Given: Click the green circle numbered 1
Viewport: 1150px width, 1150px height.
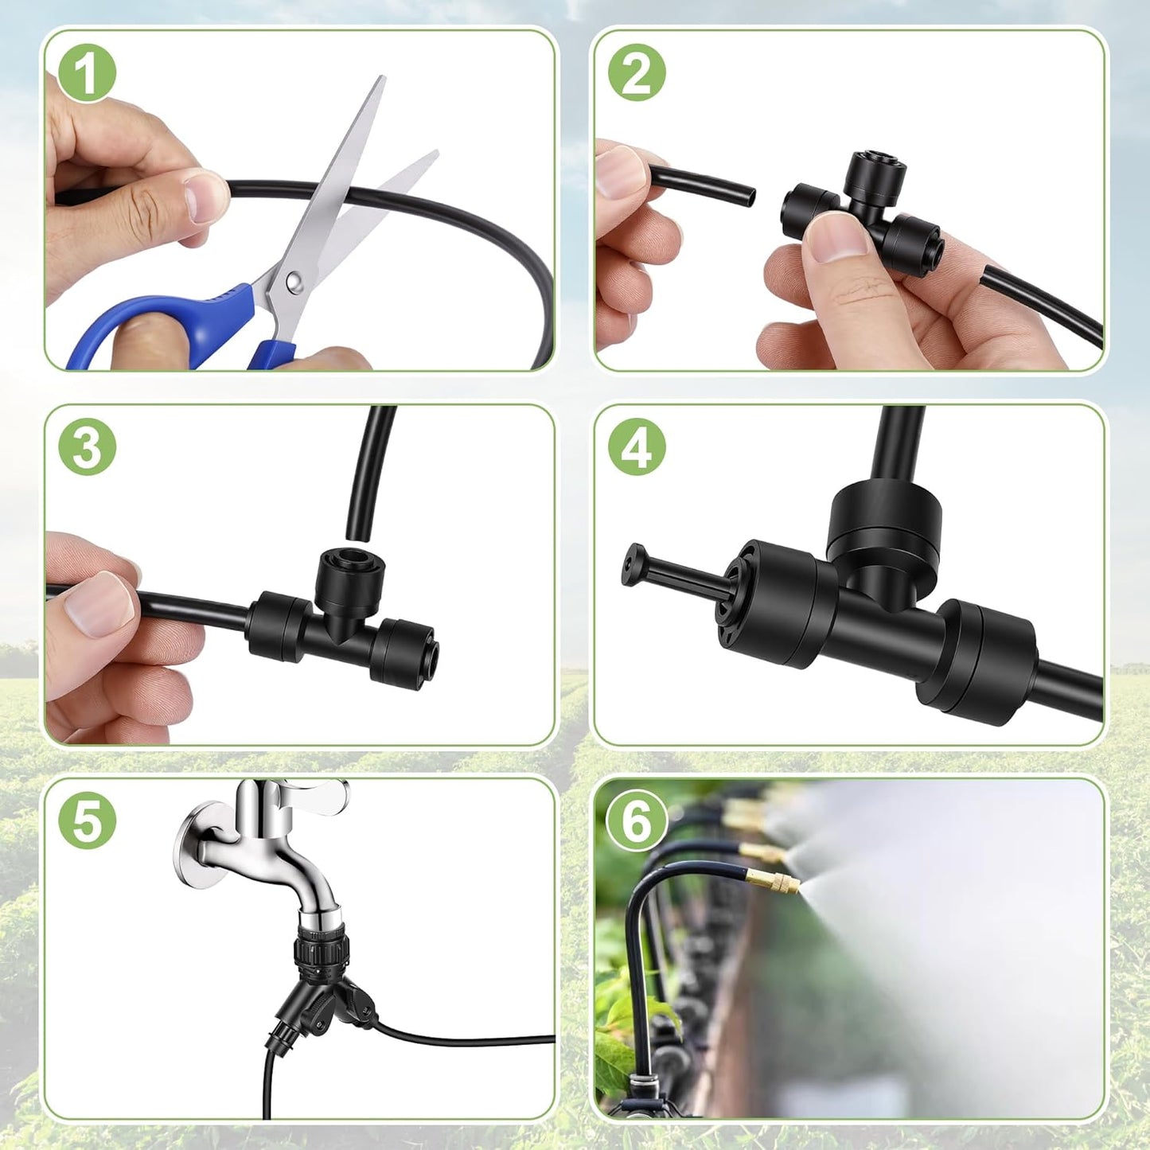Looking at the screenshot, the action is click(x=87, y=75).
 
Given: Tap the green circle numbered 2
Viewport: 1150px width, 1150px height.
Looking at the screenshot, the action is click(x=637, y=75).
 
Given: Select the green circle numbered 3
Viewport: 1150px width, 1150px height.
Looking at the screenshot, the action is click(x=87, y=447).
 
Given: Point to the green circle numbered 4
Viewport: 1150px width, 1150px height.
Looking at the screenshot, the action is click(x=637, y=447).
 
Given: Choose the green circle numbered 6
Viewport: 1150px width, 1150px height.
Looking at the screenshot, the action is click(x=637, y=822).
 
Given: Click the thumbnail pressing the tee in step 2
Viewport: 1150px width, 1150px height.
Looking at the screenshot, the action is click(x=835, y=237).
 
